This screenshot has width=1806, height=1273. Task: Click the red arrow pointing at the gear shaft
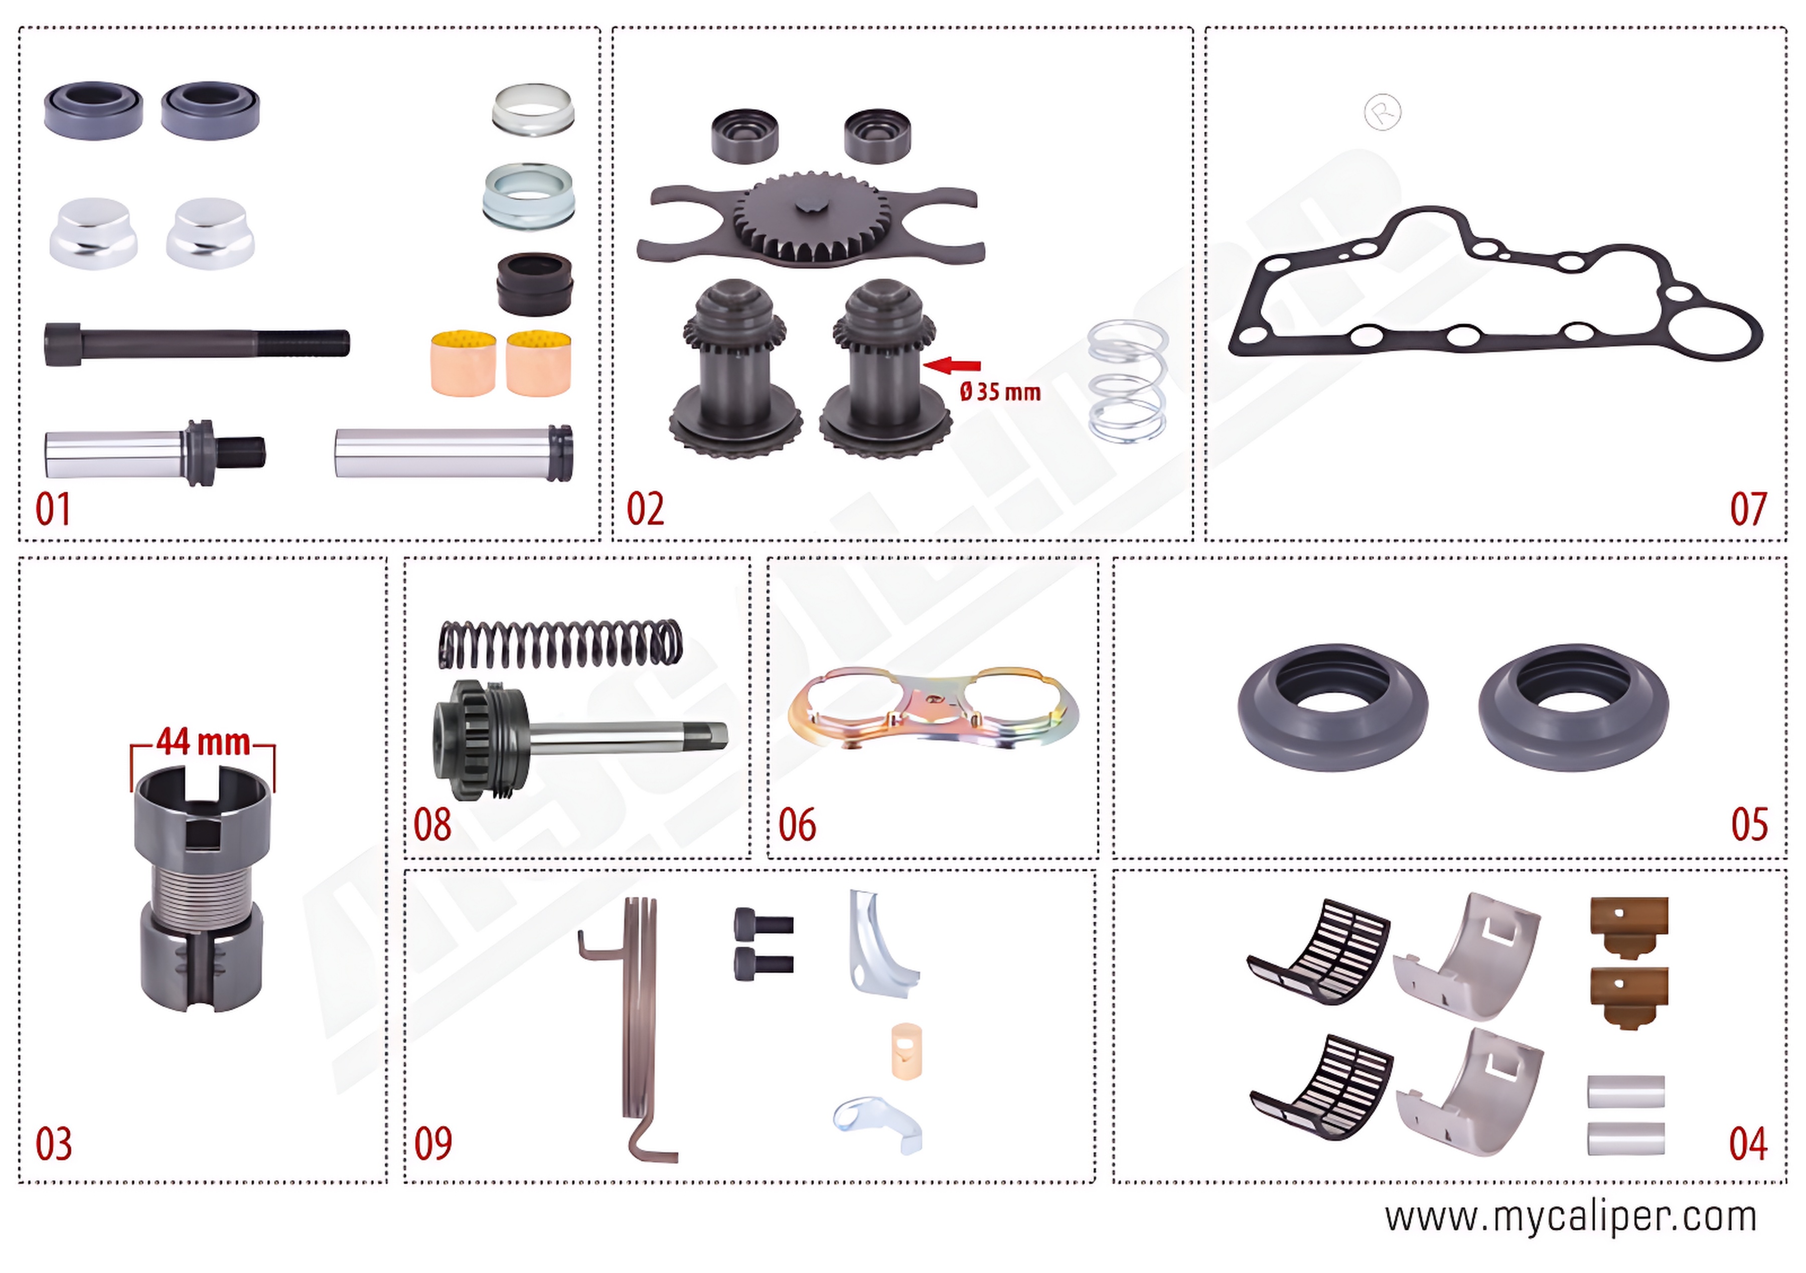[x=953, y=364]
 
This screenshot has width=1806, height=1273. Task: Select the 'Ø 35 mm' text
[x=1000, y=392]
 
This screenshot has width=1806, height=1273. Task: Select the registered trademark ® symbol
[x=1382, y=112]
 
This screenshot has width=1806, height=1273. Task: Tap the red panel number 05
[x=1749, y=824]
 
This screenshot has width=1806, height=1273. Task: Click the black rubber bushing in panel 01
[x=534, y=284]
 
